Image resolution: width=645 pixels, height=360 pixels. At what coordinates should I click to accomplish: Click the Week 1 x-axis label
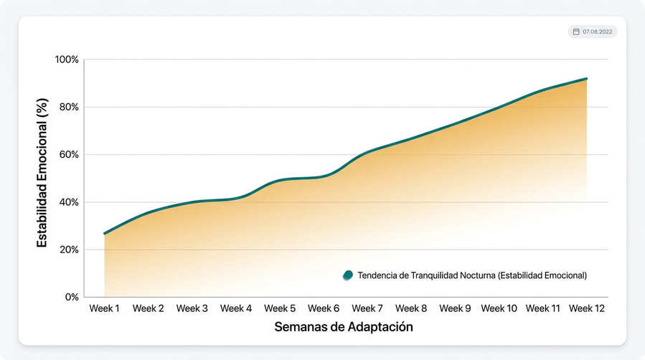pyautogui.click(x=104, y=308)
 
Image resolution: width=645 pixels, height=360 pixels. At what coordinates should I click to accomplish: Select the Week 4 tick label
pyautogui.click(x=236, y=308)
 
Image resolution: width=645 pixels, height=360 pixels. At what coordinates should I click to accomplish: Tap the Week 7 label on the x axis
pyautogui.click(x=367, y=308)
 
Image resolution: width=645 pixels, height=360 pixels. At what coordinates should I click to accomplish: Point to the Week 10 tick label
pyautogui.click(x=499, y=308)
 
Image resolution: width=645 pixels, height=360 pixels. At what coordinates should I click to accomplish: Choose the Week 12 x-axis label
pyautogui.click(x=587, y=308)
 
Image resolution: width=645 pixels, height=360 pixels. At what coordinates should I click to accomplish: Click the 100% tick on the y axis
pyautogui.click(x=67, y=60)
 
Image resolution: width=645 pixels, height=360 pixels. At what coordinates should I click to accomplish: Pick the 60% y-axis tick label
pyautogui.click(x=69, y=154)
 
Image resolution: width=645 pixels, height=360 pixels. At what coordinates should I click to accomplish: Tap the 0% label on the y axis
pyautogui.click(x=72, y=297)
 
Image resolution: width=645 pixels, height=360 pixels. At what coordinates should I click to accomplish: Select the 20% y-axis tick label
pyautogui.click(x=69, y=250)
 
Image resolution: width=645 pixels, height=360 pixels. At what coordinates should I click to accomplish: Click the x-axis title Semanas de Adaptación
pyautogui.click(x=344, y=327)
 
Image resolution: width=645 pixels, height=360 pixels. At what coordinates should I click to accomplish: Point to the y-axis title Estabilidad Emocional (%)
pyautogui.click(x=42, y=173)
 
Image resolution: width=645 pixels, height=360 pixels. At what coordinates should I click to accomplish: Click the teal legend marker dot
pyautogui.click(x=348, y=275)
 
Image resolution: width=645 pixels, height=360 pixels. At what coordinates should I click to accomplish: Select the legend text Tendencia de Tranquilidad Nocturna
pyautogui.click(x=426, y=275)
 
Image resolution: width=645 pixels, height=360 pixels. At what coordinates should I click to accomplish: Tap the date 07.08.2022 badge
pyautogui.click(x=593, y=32)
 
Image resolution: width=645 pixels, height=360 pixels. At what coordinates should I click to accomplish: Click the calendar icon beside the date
pyautogui.click(x=576, y=32)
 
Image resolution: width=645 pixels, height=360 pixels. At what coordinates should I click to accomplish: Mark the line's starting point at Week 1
pyautogui.click(x=105, y=233)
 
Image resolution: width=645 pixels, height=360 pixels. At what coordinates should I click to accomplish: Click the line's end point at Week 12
pyautogui.click(x=587, y=78)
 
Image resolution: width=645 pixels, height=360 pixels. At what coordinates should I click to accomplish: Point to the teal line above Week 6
pyautogui.click(x=324, y=177)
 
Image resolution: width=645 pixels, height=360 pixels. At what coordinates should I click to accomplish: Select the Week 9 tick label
pyautogui.click(x=455, y=308)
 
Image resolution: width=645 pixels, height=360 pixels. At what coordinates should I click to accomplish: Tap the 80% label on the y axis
pyautogui.click(x=69, y=107)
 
